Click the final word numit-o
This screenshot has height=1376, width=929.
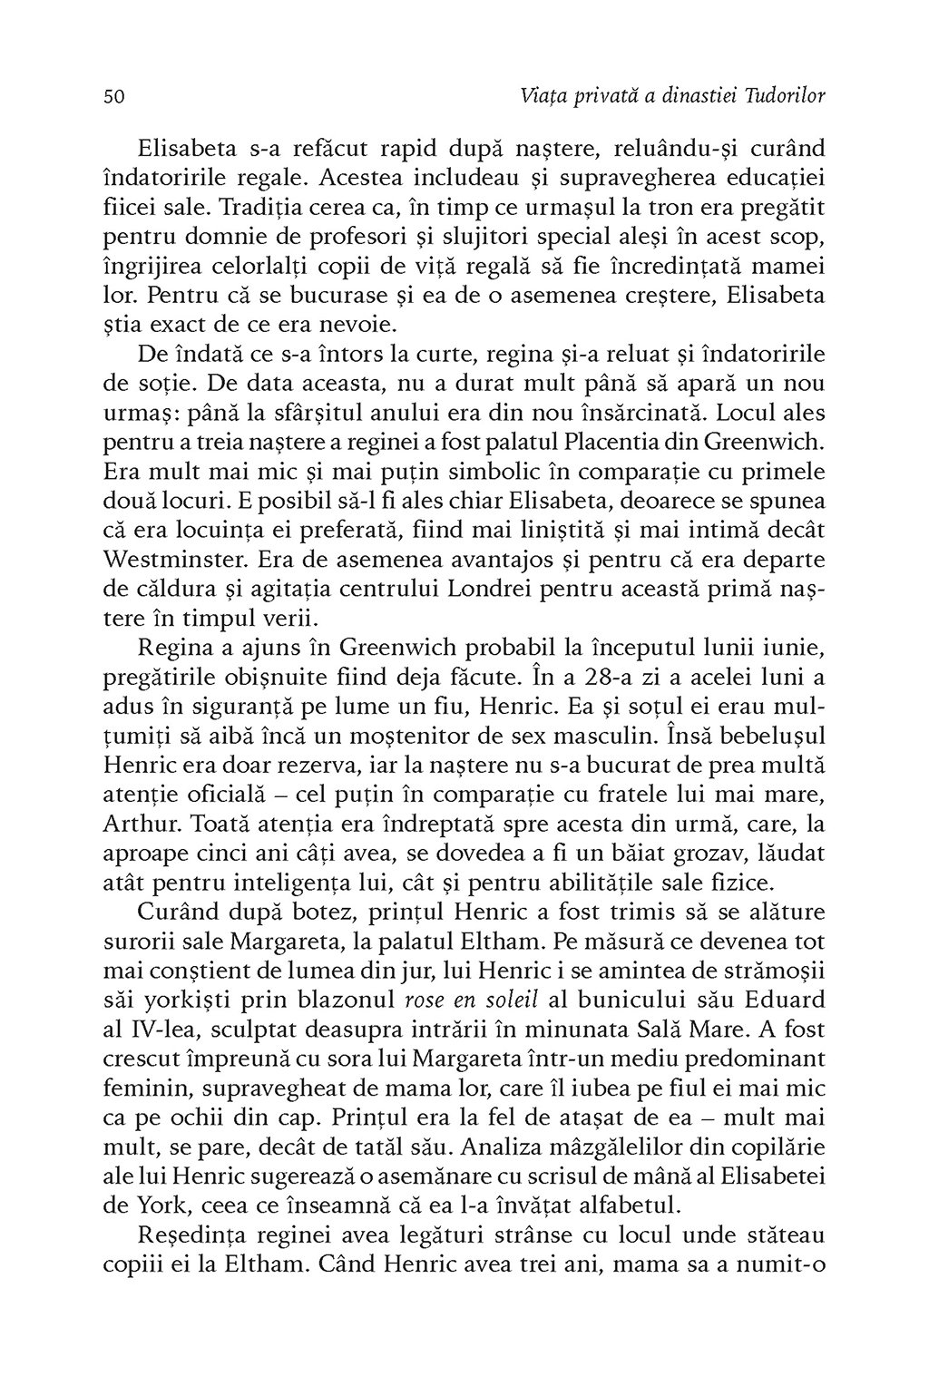tap(779, 1265)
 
